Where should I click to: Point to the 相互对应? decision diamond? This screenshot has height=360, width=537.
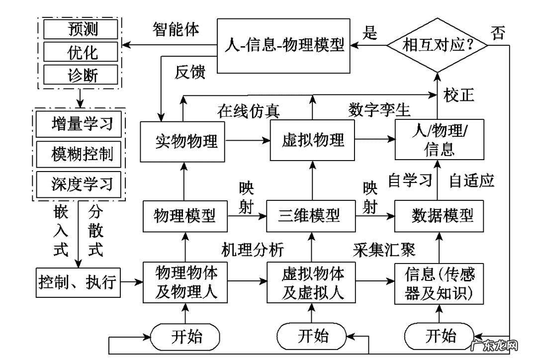click(438, 45)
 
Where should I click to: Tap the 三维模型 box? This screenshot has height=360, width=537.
click(311, 216)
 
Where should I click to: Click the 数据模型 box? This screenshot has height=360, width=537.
click(439, 216)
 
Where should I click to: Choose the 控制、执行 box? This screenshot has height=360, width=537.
click(78, 282)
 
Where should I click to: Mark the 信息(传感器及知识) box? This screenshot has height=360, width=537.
click(439, 282)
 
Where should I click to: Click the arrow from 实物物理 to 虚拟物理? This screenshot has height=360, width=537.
click(248, 141)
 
